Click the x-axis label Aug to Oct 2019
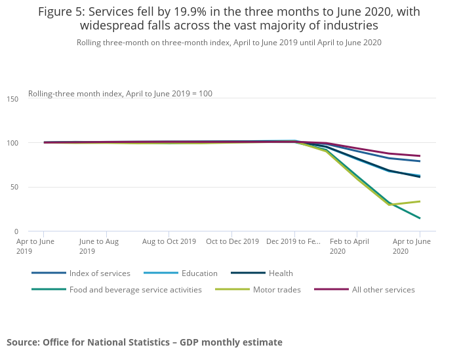[169, 241]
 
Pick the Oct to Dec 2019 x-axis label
[232, 241]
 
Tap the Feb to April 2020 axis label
[349, 246]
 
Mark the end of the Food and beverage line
[420, 218]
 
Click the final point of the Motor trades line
[420, 201]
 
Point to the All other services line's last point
[420, 156]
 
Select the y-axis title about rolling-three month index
[120, 94]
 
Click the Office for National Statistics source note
[144, 342]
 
